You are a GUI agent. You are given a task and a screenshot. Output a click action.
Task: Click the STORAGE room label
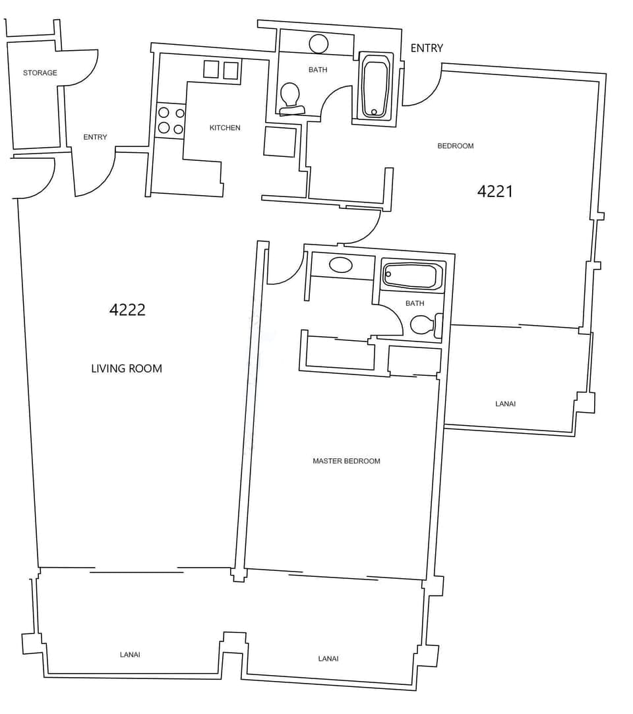40,73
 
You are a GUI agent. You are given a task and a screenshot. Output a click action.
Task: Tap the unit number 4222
127,310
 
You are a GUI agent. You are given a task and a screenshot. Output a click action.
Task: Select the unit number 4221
495,191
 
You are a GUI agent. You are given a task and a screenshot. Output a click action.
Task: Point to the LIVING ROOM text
126,369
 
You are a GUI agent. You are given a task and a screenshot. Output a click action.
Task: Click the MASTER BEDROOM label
346,461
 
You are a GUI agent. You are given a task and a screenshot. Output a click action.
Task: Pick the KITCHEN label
225,127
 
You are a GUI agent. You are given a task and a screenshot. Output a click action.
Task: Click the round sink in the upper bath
318,44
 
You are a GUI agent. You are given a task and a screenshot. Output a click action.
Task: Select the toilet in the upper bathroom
290,99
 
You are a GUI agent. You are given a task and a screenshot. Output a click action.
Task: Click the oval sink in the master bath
340,266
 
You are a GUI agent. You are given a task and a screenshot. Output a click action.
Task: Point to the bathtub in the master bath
411,275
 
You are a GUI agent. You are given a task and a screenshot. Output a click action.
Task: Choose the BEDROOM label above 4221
456,146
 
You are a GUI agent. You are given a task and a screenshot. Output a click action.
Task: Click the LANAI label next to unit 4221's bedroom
505,403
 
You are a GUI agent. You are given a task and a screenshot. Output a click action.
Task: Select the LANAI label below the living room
130,655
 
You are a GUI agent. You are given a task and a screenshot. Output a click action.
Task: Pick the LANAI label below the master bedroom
328,659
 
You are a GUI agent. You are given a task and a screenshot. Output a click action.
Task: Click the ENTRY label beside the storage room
95,137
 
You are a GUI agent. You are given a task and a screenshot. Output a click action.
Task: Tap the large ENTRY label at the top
427,48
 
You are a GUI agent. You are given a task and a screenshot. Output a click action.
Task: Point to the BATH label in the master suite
415,303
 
